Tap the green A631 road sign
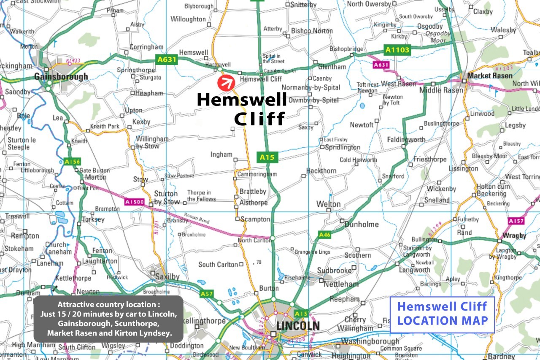167,60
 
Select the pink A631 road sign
381,65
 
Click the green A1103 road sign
397,50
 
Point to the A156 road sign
72,161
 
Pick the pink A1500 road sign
135,203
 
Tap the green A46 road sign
324,235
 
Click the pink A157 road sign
516,221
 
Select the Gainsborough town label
61,77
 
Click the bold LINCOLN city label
298,326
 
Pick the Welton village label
328,204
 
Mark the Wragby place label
514,235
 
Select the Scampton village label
255,219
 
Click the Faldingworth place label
406,140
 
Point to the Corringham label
146,47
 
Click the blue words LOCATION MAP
442,320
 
